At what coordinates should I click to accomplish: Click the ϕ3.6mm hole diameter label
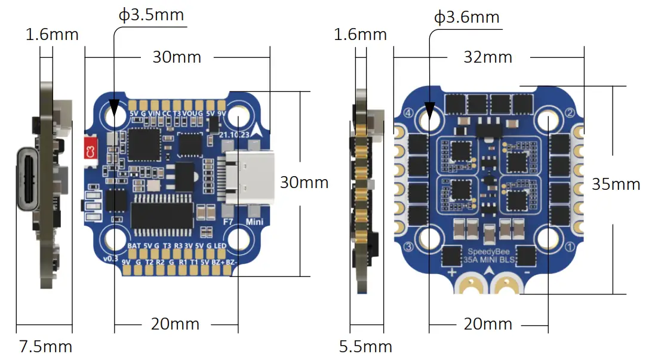pyautogui.click(x=466, y=17)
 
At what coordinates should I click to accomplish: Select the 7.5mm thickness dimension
pyautogui.click(x=45, y=346)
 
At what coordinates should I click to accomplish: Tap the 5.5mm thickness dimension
pyautogui.click(x=365, y=346)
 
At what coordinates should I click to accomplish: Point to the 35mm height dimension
pyautogui.click(x=616, y=184)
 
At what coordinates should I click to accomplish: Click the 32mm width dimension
pyautogui.click(x=488, y=57)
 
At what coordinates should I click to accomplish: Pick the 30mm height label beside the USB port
pyautogui.click(x=304, y=183)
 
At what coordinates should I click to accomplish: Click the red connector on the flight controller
pyautogui.click(x=90, y=149)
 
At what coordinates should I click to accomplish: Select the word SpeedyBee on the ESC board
pyautogui.click(x=484, y=251)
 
